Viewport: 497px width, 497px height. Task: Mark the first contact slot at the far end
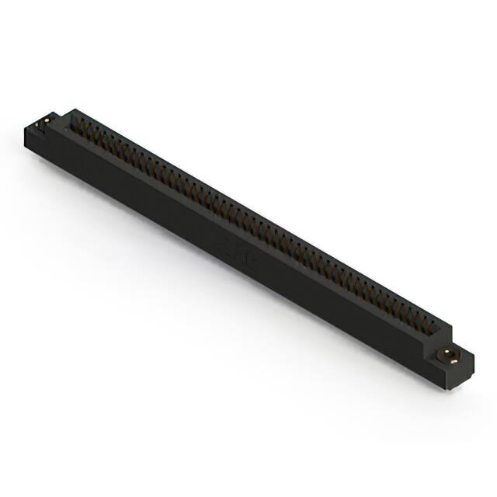click(78, 124)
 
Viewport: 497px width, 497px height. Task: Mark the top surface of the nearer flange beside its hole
click(460, 360)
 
